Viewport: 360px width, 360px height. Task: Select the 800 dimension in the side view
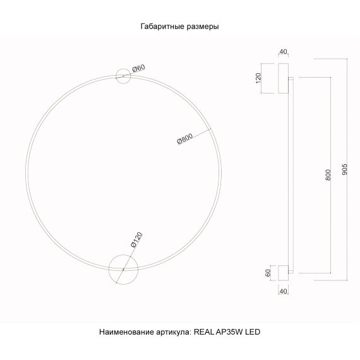pyautogui.click(x=327, y=175)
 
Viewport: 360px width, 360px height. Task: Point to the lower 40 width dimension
pyautogui.click(x=282, y=291)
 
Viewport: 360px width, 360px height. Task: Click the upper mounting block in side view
pyautogui.click(x=282, y=78)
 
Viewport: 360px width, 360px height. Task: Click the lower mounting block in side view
pyautogui.click(x=282, y=272)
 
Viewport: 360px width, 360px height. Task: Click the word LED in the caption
pyautogui.click(x=253, y=331)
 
